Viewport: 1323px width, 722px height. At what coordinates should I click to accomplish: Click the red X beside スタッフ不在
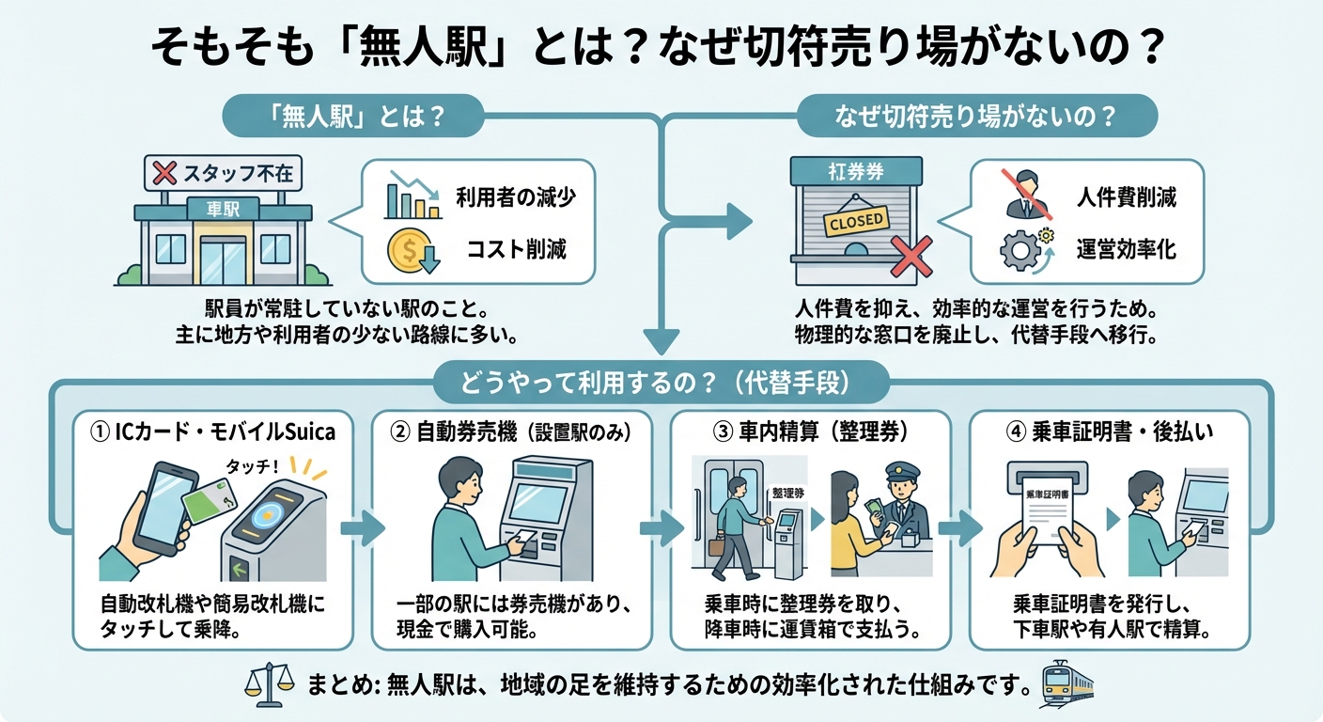[165, 174]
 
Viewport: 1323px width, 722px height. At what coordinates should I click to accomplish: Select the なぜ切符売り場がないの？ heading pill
[976, 118]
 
